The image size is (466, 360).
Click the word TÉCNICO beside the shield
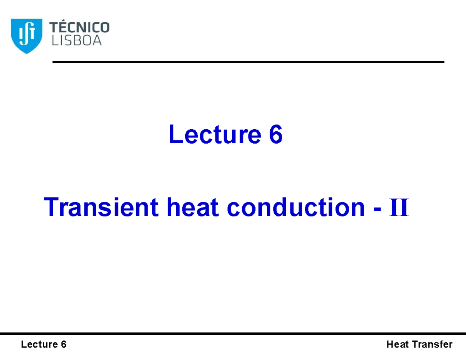click(x=80, y=28)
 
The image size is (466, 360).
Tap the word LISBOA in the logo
click(x=76, y=40)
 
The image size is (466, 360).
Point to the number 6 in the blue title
click(x=275, y=135)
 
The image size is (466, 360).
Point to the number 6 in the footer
click(x=63, y=344)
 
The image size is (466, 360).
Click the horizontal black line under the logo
click(x=248, y=62)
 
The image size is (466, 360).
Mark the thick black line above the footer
click(x=233, y=334)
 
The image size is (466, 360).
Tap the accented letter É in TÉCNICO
click(x=64, y=27)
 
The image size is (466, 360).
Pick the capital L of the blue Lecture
click(x=174, y=135)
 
